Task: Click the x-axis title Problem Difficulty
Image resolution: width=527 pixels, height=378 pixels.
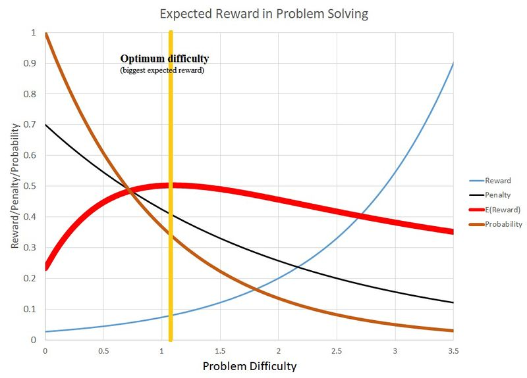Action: pos(249,366)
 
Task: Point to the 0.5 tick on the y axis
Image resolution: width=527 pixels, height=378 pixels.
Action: pos(31,186)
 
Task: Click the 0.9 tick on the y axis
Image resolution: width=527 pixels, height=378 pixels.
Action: pos(31,63)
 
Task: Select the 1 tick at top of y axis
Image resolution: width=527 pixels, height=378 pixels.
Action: pos(34,32)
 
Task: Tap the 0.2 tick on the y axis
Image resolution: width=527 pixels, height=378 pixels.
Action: pos(31,278)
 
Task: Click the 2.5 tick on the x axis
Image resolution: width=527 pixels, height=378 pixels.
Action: pos(337,350)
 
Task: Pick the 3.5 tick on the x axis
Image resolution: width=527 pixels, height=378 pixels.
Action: pos(453,350)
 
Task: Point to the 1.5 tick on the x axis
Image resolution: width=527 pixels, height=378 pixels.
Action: pos(220,350)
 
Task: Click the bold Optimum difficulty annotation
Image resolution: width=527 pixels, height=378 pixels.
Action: pos(164,59)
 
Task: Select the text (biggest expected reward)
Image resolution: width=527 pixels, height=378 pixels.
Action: pos(162,70)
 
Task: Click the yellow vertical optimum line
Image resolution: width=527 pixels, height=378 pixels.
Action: pos(171,197)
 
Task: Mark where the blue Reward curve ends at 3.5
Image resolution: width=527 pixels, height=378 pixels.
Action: pos(453,64)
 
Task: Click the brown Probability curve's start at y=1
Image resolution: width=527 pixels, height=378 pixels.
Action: pos(45,34)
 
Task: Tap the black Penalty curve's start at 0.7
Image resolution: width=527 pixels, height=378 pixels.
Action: pos(45,125)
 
